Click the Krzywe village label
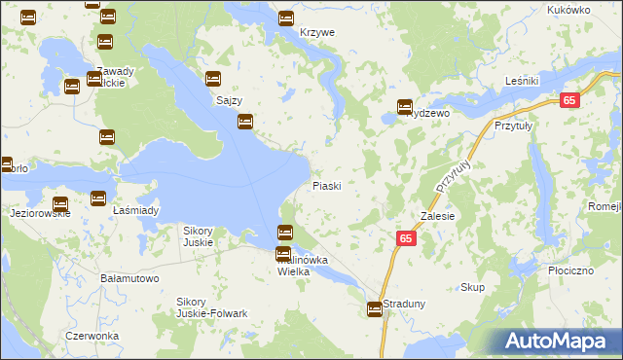point(317,32)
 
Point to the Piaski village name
point(326,185)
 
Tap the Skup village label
point(472,287)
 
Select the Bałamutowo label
point(129,278)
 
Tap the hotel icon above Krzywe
point(286,18)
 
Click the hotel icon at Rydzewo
point(405,108)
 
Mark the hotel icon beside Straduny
point(375,309)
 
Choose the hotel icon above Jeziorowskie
point(59,204)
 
